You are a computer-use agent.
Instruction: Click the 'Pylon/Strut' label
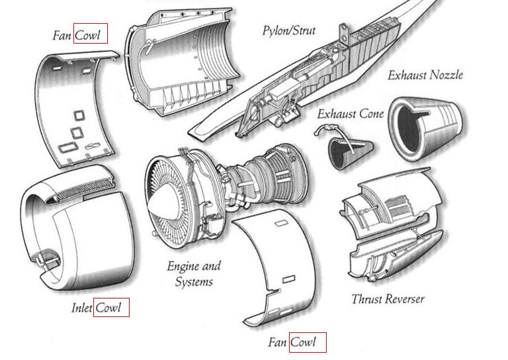tap(288, 31)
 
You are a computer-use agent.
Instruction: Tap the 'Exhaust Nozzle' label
tap(425, 75)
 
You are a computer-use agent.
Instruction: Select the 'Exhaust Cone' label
tap(350, 114)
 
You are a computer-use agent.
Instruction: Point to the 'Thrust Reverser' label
tap(388, 298)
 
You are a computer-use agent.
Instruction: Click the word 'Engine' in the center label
tap(183, 267)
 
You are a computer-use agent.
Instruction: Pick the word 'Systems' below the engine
tap(194, 281)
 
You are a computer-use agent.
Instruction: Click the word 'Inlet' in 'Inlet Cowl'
tap(81, 308)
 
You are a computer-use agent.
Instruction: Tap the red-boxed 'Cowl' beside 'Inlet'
tap(111, 307)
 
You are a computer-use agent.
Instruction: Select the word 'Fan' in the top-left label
tap(62, 35)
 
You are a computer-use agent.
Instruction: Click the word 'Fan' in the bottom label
tap(277, 342)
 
